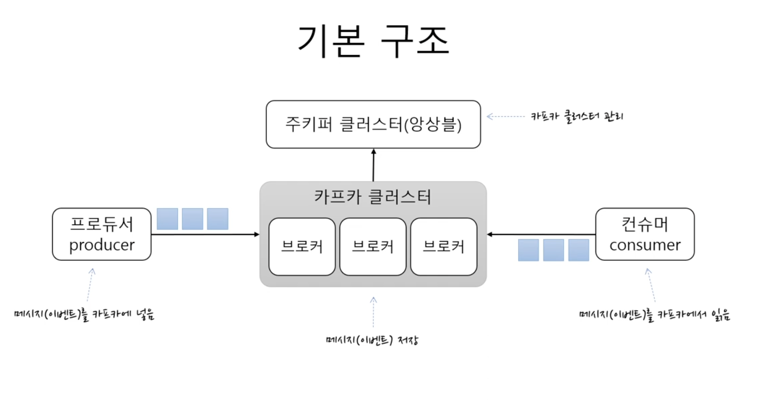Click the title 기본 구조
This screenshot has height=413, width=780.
(x=373, y=41)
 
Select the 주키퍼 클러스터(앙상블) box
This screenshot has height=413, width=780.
(x=373, y=124)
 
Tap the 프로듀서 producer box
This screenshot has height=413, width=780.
(x=102, y=234)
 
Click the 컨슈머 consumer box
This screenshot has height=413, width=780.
(x=645, y=234)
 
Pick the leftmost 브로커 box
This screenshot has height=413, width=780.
(x=302, y=247)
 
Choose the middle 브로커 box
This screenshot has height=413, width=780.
(x=373, y=247)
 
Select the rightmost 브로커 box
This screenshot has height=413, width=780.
(x=444, y=247)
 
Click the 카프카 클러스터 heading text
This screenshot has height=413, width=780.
(x=373, y=197)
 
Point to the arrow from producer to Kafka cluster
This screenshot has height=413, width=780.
(x=205, y=234)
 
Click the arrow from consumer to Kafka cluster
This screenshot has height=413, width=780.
(x=541, y=234)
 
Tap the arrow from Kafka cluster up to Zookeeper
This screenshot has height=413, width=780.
(x=374, y=165)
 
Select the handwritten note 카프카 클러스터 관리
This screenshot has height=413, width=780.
(x=577, y=116)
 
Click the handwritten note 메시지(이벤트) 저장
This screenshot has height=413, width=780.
(x=372, y=340)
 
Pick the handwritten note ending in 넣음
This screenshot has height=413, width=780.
(x=84, y=315)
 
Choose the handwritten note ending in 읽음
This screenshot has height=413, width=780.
(x=654, y=315)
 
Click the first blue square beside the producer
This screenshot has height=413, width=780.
(x=167, y=219)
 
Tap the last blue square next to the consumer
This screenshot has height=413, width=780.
(x=578, y=250)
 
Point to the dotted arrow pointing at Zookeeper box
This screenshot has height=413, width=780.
(x=505, y=117)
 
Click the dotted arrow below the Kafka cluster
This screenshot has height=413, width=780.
(x=374, y=312)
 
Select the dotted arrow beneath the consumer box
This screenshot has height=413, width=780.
(x=651, y=285)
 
